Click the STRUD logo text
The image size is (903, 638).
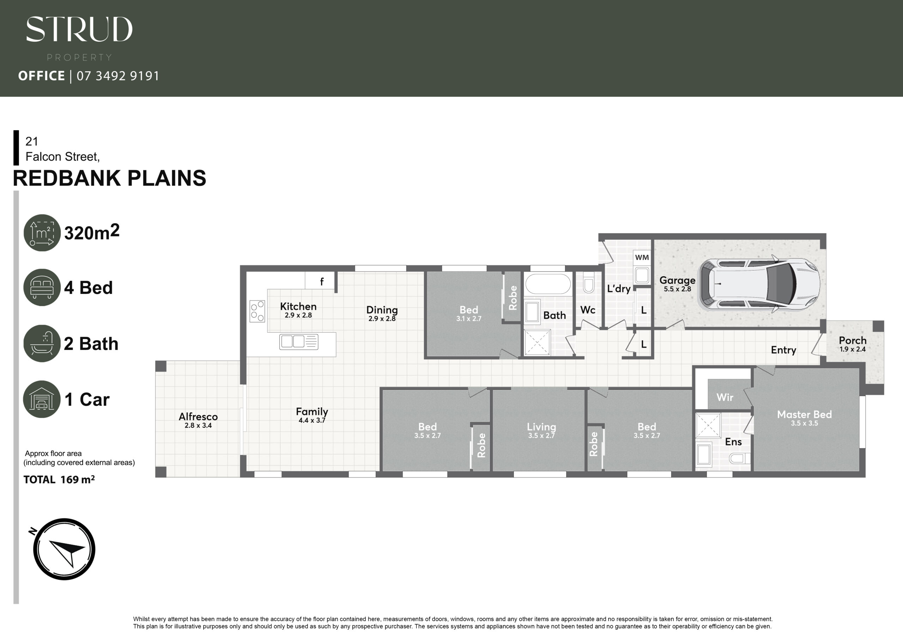tap(79, 29)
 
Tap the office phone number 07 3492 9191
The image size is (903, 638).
tap(118, 76)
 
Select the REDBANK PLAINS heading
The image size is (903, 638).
tap(109, 178)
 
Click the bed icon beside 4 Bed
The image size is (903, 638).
tap(42, 287)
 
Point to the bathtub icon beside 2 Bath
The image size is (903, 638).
tap(42, 343)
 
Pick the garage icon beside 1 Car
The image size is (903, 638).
tap(42, 399)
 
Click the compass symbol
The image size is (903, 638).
tap(64, 549)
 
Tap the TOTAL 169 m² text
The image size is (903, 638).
tap(59, 480)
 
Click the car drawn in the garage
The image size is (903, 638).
tap(759, 283)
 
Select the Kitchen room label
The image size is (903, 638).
tap(298, 307)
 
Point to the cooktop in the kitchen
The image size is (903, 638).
tap(257, 311)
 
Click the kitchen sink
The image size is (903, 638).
tap(298, 342)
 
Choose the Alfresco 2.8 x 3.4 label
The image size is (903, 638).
tap(198, 420)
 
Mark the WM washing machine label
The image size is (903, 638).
tap(642, 257)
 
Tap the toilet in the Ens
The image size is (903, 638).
tap(739, 458)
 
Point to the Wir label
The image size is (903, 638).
tap(725, 397)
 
